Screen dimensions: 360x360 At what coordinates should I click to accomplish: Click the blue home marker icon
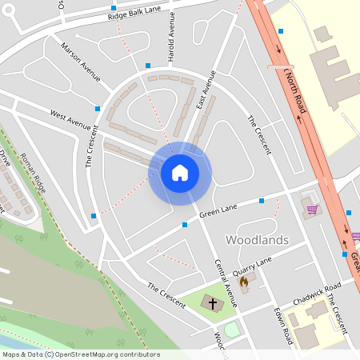pos(180,173)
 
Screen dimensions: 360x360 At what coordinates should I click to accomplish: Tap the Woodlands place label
pos(257,239)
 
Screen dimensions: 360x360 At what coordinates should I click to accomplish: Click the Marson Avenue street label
pos(80,62)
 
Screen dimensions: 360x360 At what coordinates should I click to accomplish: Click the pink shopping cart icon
pos(312,210)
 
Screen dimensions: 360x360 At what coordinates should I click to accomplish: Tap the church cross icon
pos(212,303)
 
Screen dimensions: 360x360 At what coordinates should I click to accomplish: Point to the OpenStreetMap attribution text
pos(81,354)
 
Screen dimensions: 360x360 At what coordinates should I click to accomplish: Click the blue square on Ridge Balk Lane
pos(114,8)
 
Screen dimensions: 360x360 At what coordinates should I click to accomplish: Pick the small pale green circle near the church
pos(232,329)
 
